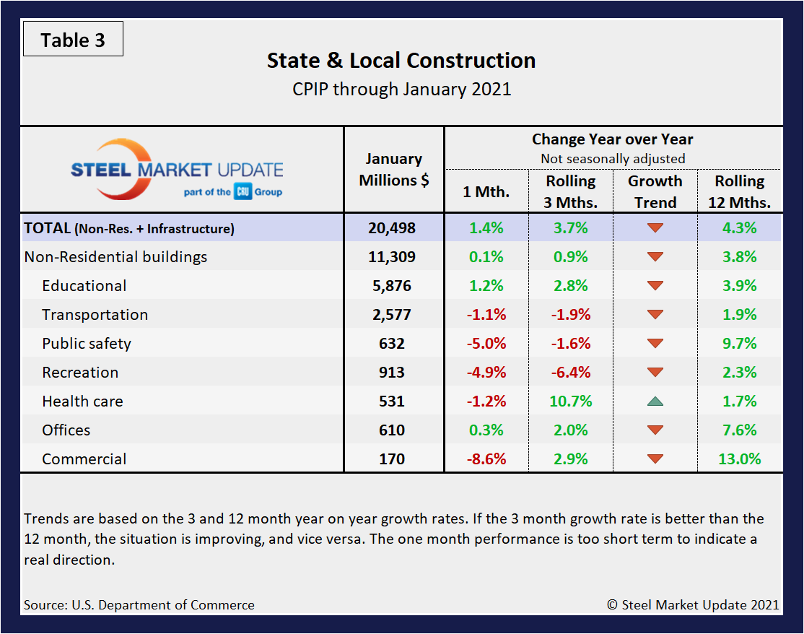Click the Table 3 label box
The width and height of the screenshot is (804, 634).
(x=73, y=40)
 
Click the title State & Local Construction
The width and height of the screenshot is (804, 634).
(x=401, y=61)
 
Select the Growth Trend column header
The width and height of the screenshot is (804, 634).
(x=655, y=191)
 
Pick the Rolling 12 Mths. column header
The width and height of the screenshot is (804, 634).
(x=739, y=191)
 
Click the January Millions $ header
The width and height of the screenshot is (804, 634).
(x=393, y=170)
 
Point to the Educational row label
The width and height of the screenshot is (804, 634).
(x=84, y=286)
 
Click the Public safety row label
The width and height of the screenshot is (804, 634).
(x=87, y=344)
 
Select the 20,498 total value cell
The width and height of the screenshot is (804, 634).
(x=393, y=228)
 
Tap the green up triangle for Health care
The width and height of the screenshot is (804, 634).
(x=655, y=401)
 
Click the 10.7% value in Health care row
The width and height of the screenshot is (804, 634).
(x=571, y=401)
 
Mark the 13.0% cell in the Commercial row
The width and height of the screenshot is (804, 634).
(x=739, y=459)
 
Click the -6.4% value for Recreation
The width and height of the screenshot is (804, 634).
(x=571, y=373)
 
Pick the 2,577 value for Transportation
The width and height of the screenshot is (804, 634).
(x=393, y=315)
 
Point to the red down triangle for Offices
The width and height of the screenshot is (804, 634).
(x=655, y=430)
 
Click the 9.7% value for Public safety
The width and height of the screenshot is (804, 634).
(x=739, y=344)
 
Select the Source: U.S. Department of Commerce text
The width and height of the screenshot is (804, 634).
(x=139, y=605)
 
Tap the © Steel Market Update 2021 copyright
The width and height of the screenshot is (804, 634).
(x=693, y=605)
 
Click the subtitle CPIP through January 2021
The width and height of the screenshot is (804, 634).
(x=401, y=90)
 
